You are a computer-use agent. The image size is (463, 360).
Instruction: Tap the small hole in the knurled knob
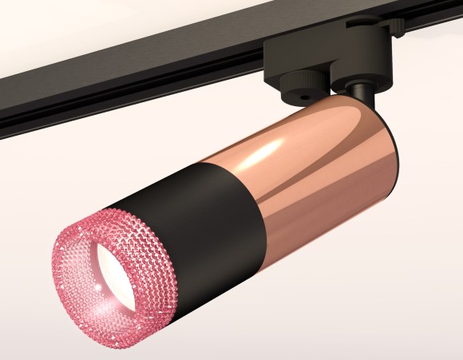point(307,94)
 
